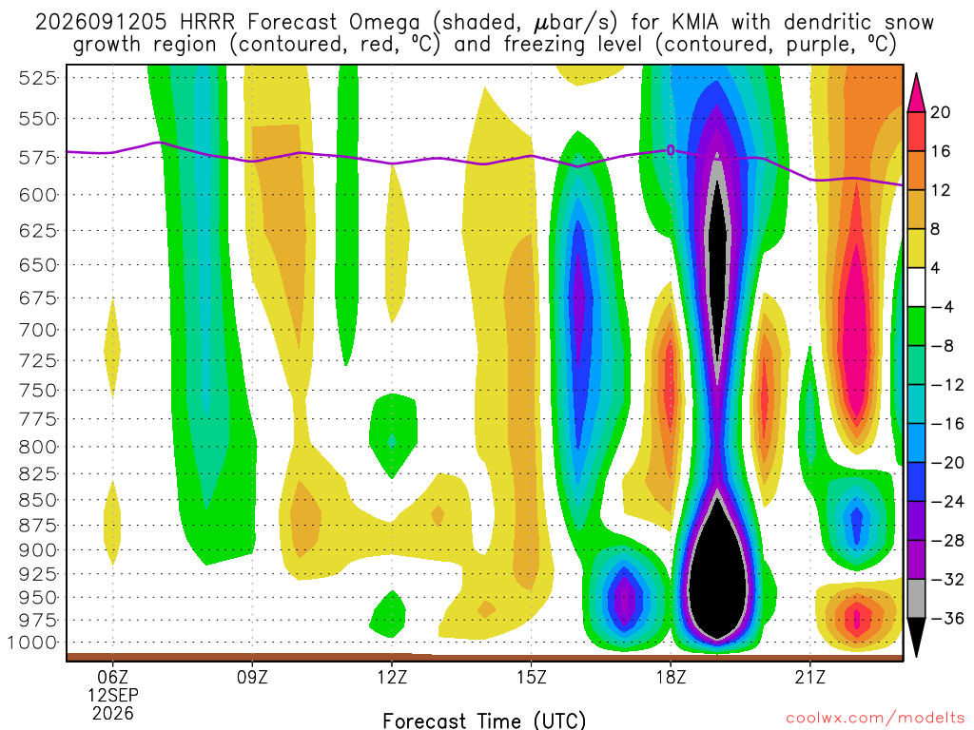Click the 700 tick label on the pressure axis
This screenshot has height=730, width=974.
pyautogui.click(x=37, y=330)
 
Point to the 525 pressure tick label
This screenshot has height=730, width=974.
pyautogui.click(x=37, y=78)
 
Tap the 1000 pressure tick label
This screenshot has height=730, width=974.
pyautogui.click(x=32, y=643)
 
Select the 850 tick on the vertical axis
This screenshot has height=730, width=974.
pyautogui.click(x=37, y=500)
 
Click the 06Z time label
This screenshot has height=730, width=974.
pyautogui.click(x=112, y=677)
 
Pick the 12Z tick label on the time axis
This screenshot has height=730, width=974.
pyautogui.click(x=392, y=677)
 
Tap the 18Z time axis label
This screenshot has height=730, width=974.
pyautogui.click(x=671, y=677)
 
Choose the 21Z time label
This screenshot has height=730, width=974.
pyautogui.click(x=810, y=677)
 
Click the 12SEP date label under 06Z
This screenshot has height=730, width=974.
pyautogui.click(x=112, y=695)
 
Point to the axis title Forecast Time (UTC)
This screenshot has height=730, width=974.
pyautogui.click(x=484, y=720)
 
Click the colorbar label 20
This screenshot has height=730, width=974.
pyautogui.click(x=941, y=112)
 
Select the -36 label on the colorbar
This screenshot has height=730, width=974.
pyautogui.click(x=947, y=618)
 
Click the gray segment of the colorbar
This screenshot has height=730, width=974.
pyautogui.click(x=916, y=599)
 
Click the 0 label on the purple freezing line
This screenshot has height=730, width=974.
pyautogui.click(x=671, y=150)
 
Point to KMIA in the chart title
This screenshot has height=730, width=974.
pyautogui.click(x=695, y=23)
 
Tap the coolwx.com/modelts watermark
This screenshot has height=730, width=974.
pyautogui.click(x=875, y=719)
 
